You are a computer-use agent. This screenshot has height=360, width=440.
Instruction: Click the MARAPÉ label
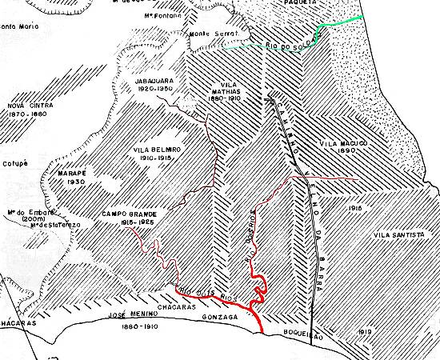click(60, 170)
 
